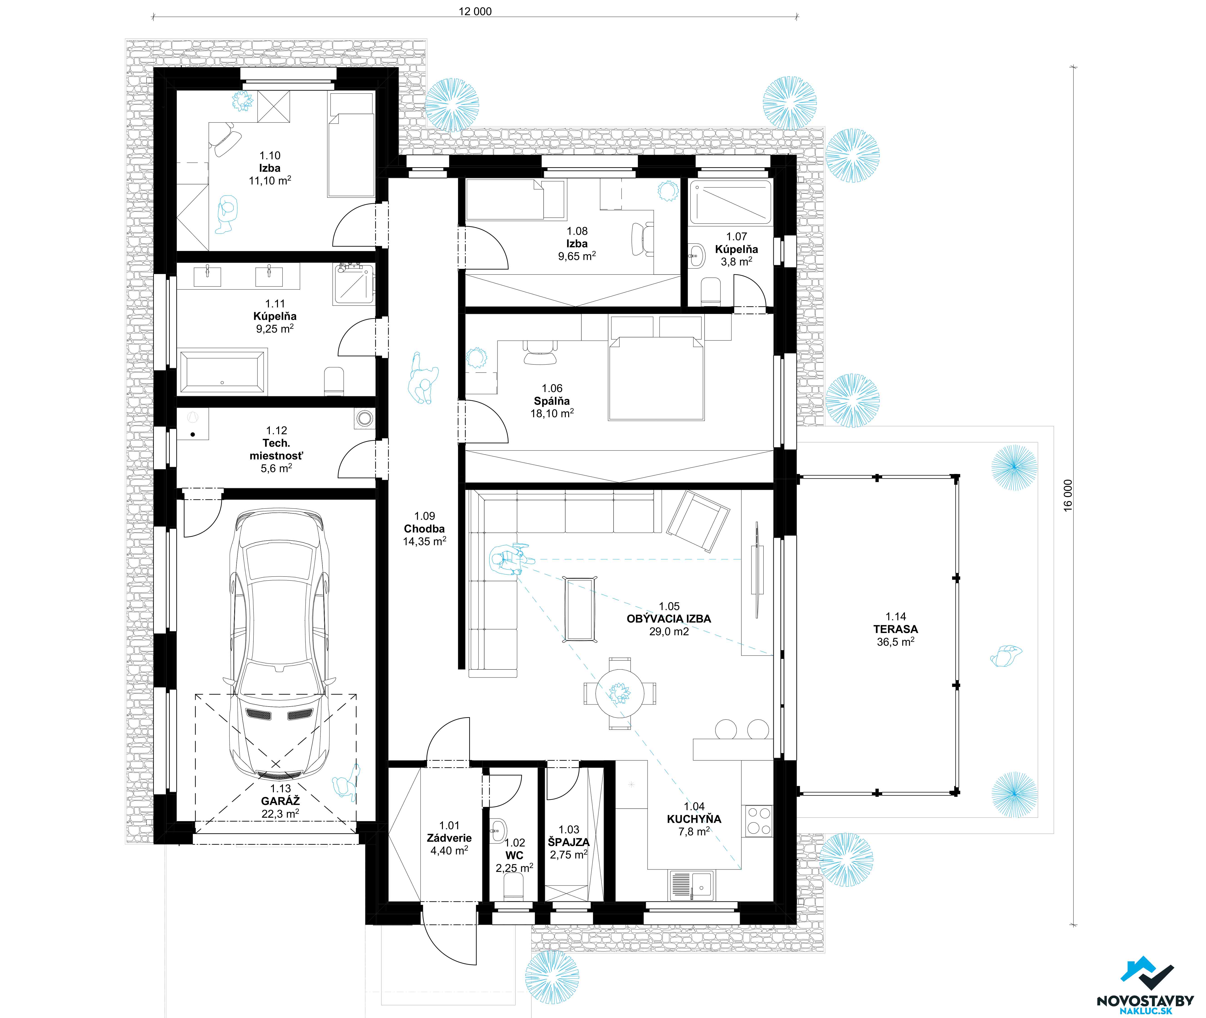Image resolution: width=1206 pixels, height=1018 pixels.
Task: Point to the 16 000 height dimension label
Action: [1068, 495]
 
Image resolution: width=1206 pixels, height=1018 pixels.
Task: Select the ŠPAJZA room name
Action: [568, 842]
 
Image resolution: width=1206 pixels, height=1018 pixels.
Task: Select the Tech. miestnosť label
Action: [276, 449]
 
